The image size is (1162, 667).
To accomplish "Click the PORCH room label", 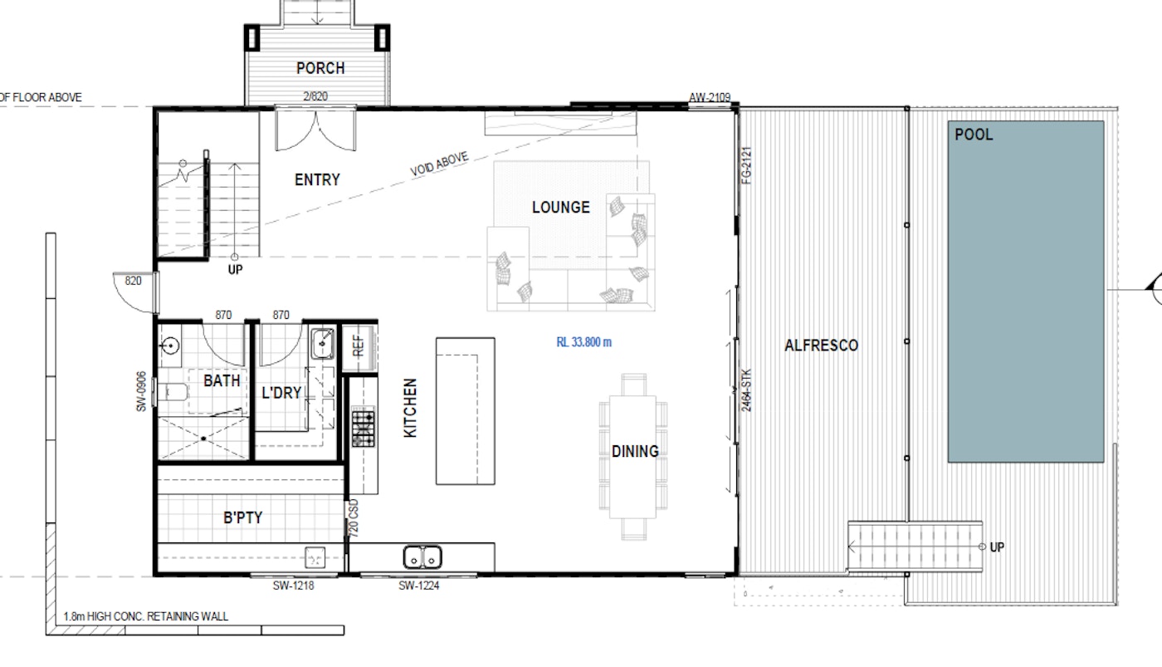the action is click(x=320, y=68).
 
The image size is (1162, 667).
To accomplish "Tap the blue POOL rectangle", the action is click(x=1026, y=292).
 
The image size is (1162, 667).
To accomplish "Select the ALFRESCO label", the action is click(x=821, y=346).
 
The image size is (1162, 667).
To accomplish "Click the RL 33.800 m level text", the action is click(x=583, y=342).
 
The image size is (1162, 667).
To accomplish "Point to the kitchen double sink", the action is click(x=422, y=557).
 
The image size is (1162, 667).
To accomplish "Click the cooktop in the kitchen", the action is click(x=363, y=429).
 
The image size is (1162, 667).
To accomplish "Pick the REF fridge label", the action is click(x=358, y=346).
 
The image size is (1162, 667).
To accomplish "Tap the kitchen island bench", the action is click(x=466, y=411).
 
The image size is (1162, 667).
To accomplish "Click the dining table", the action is click(x=632, y=457).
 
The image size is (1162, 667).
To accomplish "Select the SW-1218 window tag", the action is click(x=293, y=586).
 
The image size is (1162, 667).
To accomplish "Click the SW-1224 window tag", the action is click(x=418, y=586).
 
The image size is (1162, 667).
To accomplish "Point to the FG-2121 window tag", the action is click(x=746, y=165).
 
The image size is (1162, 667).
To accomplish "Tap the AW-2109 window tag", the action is click(x=709, y=97).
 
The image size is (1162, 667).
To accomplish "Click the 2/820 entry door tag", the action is click(x=315, y=96).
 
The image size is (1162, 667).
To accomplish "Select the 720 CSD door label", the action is click(x=353, y=517).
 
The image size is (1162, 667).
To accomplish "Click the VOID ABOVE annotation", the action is click(x=439, y=164).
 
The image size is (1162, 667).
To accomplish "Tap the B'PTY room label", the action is click(x=242, y=517).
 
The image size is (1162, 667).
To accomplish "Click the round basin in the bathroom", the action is click(x=170, y=346).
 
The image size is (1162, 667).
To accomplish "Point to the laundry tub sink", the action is click(x=322, y=343).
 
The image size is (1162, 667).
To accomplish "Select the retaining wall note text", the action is click(x=146, y=616).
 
